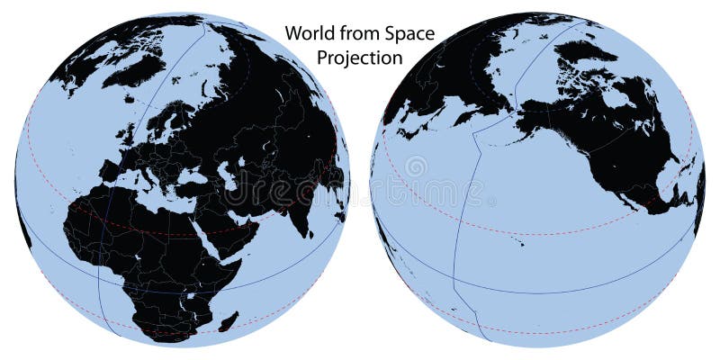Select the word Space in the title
coord(407,34)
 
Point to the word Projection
coord(359,58)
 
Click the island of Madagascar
coord(229,320)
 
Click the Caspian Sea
coord(228,176)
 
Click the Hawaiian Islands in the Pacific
coord(521,241)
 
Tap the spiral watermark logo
coord(415,167)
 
